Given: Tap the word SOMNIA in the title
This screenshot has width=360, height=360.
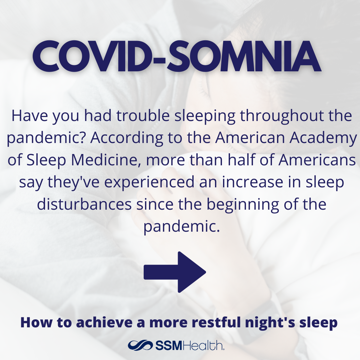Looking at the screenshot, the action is (x=244, y=56).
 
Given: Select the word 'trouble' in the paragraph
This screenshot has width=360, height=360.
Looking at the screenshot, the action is (x=143, y=116).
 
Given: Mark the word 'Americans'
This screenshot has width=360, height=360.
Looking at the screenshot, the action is (x=317, y=160).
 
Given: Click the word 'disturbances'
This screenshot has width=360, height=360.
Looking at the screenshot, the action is (x=84, y=204).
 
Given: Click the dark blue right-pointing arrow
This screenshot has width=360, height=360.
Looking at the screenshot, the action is (x=175, y=272).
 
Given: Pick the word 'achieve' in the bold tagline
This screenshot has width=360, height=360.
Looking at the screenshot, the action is (x=104, y=322).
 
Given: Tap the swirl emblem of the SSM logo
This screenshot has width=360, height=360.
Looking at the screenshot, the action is (x=140, y=345).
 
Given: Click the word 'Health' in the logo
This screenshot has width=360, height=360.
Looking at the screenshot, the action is (x=203, y=345).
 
